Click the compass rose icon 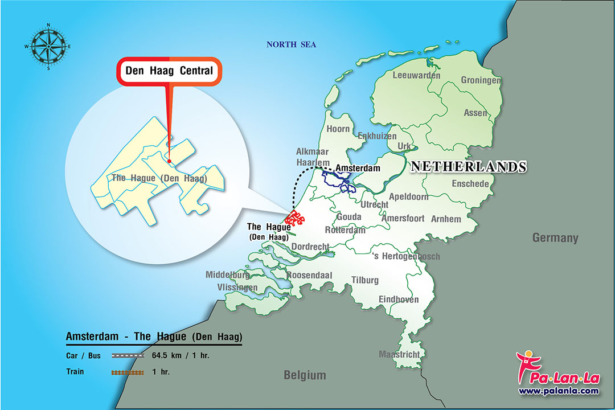(48, 46)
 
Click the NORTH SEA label (292, 45)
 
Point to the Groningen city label (481, 80)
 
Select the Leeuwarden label (416, 75)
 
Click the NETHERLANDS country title (468, 166)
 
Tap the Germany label (555, 238)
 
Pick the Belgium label (305, 375)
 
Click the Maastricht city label (399, 354)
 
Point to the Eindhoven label (399, 300)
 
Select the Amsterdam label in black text (358, 169)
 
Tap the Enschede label (470, 184)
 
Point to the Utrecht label (375, 204)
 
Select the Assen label (475, 113)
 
